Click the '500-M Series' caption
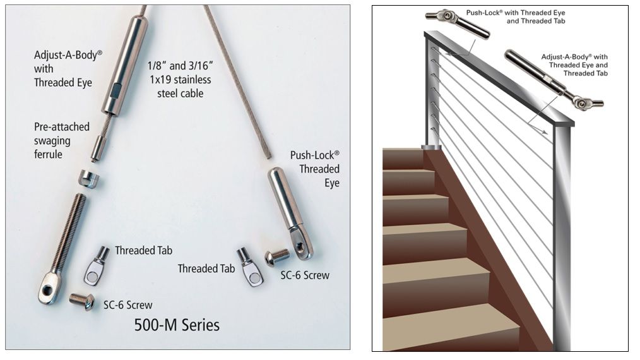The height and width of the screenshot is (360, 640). pos(177,325)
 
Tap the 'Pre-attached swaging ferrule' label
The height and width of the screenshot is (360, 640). pos(62,141)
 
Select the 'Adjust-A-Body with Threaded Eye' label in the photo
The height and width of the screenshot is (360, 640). pos(68,69)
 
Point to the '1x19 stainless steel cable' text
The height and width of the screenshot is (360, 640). pos(180,87)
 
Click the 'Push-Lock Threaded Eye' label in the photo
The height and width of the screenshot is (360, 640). pos(315,169)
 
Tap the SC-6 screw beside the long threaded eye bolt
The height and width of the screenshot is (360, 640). pos(82,301)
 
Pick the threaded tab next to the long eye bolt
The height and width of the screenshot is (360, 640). pos(97,266)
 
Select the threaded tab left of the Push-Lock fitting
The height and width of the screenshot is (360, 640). pos(250,267)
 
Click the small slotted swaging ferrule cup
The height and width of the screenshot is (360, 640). pos(88,179)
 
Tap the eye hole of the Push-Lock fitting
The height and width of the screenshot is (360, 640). pos(300,246)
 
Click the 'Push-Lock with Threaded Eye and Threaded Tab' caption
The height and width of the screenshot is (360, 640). pos(516,17)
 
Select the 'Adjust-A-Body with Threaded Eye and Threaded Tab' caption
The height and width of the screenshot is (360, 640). pos(574,65)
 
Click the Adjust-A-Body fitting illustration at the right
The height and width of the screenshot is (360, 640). pos(554,80)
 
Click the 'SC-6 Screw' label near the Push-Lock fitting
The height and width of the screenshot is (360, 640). pos(305,275)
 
